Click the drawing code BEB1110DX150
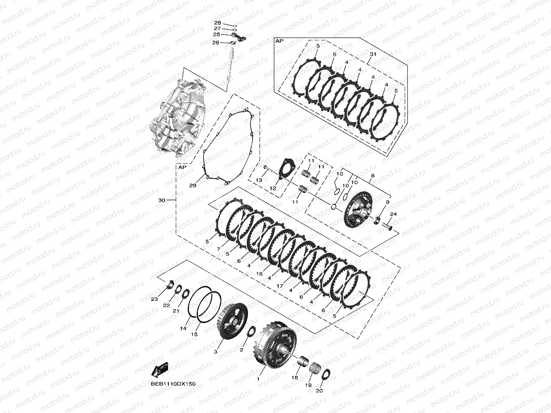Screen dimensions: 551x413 pos(173,384)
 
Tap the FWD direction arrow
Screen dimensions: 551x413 pos(159,370)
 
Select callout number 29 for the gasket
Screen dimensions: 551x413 pos(193,186)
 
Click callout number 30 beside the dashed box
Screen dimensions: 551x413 pos(162,200)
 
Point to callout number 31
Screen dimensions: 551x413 pos(373,54)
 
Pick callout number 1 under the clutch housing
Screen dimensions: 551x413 pos(258,379)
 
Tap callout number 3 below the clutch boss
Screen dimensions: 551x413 pos(216,352)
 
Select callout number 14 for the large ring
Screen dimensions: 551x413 pos(183,328)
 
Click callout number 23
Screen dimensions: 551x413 pos(154,299)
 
